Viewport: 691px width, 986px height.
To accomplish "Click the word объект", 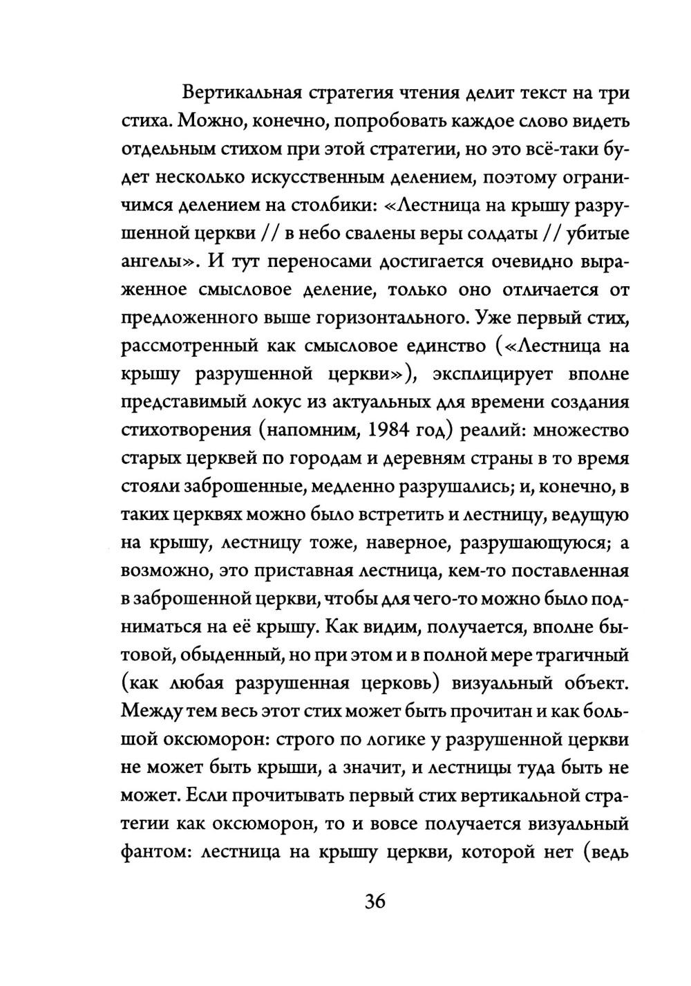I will [594, 684].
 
